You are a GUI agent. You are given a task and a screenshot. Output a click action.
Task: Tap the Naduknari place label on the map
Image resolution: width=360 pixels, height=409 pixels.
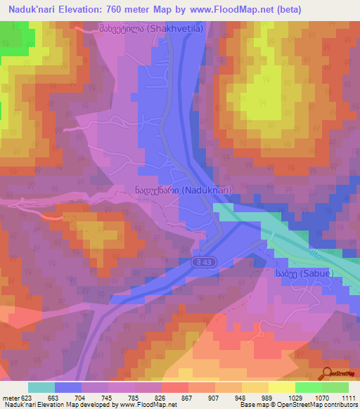point(182,190)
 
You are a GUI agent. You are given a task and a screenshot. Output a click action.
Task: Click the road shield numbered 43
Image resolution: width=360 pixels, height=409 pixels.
point(203,261)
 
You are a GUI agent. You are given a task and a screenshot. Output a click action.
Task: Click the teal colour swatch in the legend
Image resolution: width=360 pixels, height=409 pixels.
point(41,387)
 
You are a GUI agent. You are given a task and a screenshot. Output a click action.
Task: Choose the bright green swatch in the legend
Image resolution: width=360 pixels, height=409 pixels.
point(308,387)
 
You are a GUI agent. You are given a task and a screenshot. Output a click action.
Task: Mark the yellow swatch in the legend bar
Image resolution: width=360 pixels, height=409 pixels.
point(281,387)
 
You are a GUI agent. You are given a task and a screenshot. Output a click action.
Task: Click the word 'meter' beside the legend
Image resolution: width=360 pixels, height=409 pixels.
point(11,398)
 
